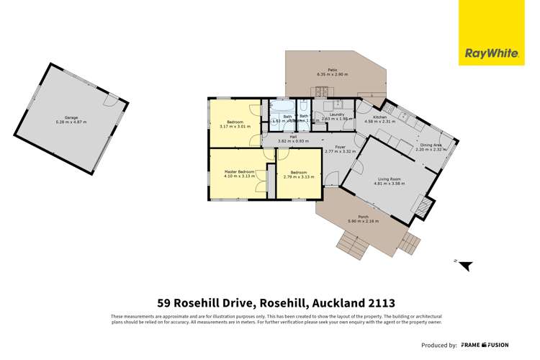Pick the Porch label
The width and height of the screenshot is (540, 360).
pyautogui.click(x=363, y=218)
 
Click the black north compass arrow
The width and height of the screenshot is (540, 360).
pyautogui.click(x=465, y=265)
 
